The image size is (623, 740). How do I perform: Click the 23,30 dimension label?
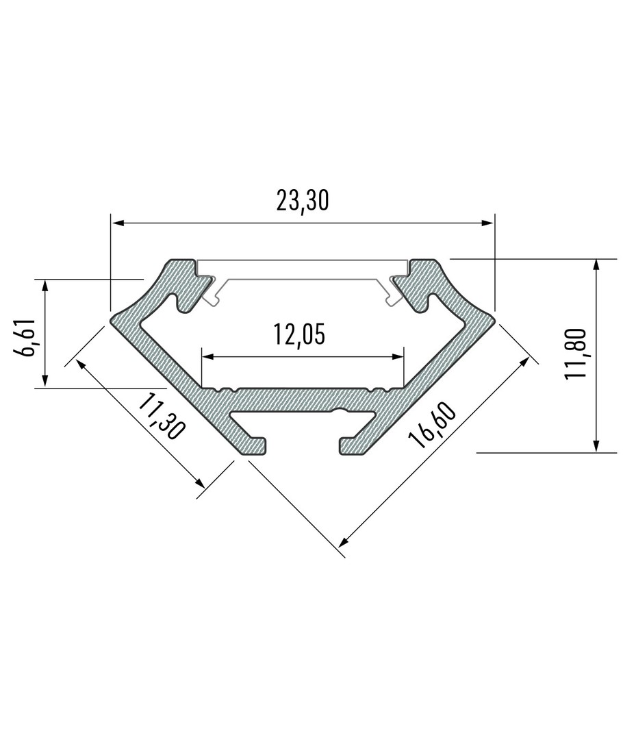pos(302,201)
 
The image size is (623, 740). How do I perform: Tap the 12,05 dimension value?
pos(299,335)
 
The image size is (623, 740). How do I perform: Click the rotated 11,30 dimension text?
pos(160,417)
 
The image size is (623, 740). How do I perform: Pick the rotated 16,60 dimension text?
pos(432,425)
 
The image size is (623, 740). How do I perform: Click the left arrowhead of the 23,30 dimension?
pos(116,223)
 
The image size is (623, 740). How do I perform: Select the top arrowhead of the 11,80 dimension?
pos(596,264)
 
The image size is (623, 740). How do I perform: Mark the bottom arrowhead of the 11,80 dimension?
pos(596,447)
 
